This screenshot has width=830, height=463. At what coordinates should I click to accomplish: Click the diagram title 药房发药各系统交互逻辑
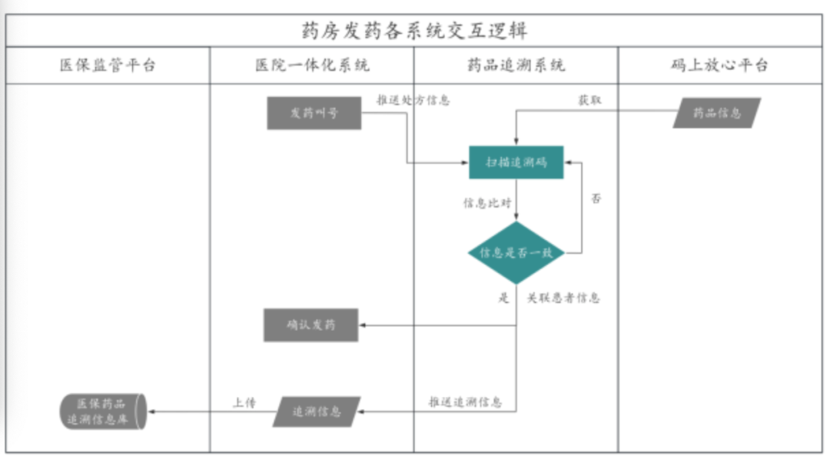point(414,31)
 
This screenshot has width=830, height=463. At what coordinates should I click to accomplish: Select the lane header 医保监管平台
point(108,65)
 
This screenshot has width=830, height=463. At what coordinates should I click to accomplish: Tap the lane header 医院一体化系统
point(312,65)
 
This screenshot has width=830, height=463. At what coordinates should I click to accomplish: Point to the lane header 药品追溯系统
point(516,65)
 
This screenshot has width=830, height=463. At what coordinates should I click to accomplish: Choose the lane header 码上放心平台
point(719,65)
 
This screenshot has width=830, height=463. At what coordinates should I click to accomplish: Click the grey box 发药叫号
point(314,113)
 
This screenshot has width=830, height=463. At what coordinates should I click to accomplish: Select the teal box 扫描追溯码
point(516,162)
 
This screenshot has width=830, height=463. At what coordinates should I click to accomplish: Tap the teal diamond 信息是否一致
point(516,252)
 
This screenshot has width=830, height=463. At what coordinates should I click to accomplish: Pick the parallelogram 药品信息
point(716,113)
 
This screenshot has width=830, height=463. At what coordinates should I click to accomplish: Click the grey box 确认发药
point(311,325)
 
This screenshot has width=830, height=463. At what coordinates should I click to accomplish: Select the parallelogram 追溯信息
point(316,411)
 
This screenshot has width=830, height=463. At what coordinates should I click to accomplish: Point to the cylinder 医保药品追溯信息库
point(103,411)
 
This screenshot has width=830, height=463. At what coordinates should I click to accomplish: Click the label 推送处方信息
point(413,100)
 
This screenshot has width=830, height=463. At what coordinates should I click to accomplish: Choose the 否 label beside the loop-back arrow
point(596,198)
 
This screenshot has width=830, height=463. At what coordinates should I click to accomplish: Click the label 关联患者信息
point(563,298)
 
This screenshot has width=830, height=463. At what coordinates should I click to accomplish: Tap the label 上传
point(244,402)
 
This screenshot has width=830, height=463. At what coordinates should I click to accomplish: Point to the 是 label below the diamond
point(503,298)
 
